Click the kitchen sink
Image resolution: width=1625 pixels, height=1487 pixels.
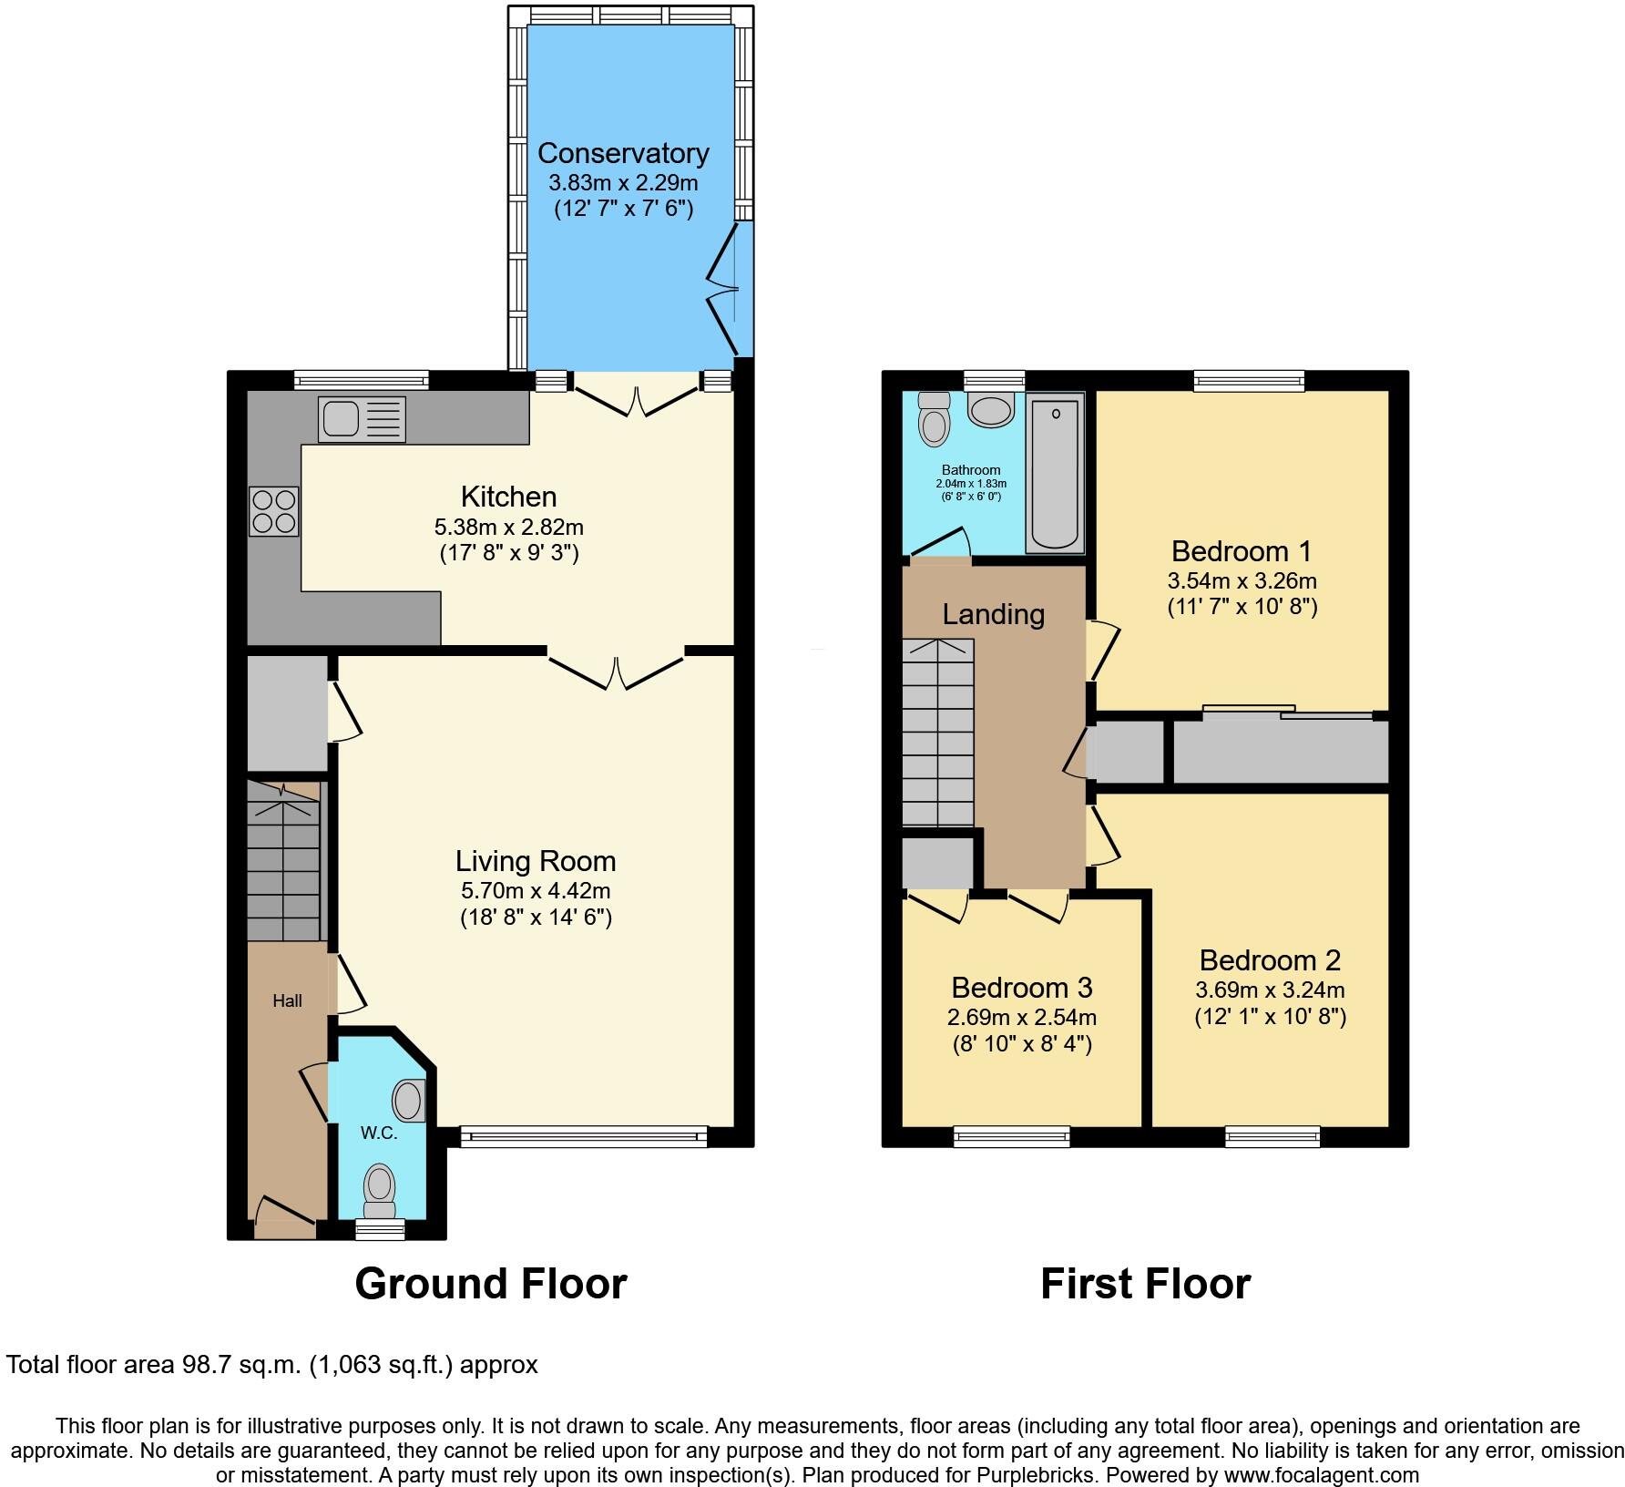tap(362, 419)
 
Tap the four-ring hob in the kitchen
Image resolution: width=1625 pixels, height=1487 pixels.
tap(274, 511)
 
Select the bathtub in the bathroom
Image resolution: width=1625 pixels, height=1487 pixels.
tap(1055, 473)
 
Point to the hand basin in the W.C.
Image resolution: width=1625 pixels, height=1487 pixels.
tap(410, 1101)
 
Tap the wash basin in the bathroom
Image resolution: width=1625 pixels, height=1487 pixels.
tap(991, 410)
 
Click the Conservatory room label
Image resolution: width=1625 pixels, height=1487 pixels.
tap(623, 153)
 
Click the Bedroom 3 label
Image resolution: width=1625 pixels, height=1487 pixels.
tap(1021, 988)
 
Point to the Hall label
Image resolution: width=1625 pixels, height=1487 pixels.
tap(287, 1000)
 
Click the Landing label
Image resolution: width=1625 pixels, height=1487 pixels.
tap(993, 614)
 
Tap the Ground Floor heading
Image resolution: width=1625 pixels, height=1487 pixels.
tap(490, 1283)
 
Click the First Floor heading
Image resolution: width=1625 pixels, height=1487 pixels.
tap(1145, 1283)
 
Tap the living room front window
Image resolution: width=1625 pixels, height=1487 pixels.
tap(584, 1135)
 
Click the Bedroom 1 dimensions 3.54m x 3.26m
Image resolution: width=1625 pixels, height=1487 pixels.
tap(1242, 580)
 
